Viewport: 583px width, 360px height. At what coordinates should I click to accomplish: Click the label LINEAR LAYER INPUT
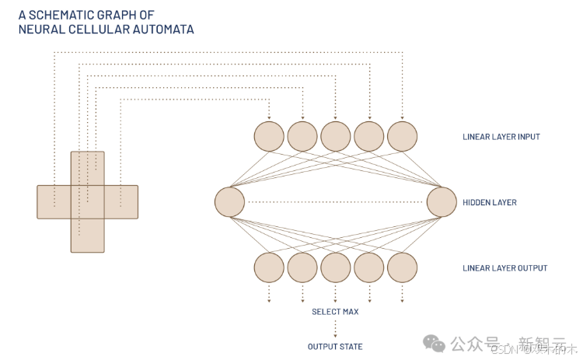click(x=501, y=138)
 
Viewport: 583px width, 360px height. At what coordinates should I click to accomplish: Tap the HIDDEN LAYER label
click(x=489, y=203)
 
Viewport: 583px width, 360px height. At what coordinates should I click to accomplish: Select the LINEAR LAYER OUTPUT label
click(x=504, y=268)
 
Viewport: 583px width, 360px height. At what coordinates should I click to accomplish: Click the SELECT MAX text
click(x=335, y=312)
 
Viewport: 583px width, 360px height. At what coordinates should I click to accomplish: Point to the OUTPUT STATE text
click(x=335, y=347)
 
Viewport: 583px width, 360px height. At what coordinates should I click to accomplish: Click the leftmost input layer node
click(x=269, y=137)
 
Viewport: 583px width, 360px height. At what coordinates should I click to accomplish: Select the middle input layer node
click(x=336, y=137)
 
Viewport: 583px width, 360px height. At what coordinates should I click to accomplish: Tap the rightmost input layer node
click(x=403, y=137)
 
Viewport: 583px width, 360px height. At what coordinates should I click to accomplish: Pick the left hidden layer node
click(x=230, y=202)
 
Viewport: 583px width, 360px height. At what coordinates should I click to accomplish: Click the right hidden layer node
click(x=442, y=202)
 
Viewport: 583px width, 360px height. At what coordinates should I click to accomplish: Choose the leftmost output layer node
click(x=269, y=267)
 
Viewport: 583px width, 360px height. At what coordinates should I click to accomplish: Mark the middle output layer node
click(x=336, y=267)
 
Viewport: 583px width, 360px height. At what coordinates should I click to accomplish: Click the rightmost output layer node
click(x=403, y=267)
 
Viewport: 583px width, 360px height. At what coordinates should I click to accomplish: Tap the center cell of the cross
click(x=87, y=202)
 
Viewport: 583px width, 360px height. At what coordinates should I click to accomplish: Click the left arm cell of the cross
click(x=54, y=202)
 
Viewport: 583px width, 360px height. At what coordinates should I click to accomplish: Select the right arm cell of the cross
click(x=121, y=202)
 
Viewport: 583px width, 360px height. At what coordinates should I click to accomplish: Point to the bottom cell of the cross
click(x=87, y=236)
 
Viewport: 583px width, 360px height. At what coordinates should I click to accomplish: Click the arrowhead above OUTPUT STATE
click(x=336, y=335)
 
